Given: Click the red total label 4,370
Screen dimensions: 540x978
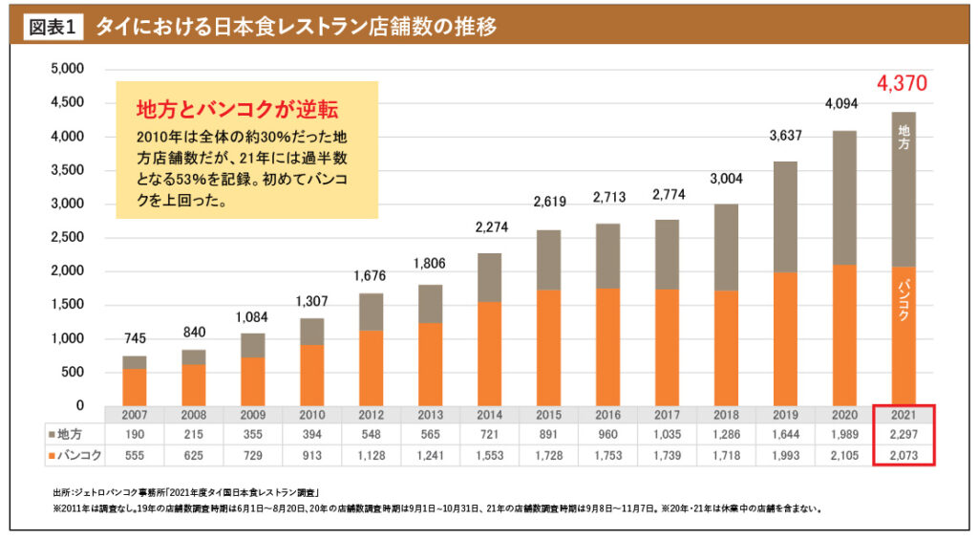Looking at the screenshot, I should [x=902, y=84].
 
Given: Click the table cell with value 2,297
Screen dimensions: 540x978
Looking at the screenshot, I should [x=903, y=435].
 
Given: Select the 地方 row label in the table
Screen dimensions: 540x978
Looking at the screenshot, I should [x=73, y=435].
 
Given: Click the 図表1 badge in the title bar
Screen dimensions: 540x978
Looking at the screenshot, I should [x=53, y=27].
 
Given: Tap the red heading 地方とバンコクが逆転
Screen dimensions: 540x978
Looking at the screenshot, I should [x=238, y=106].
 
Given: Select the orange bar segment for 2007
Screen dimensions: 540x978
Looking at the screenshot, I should [x=135, y=387].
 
